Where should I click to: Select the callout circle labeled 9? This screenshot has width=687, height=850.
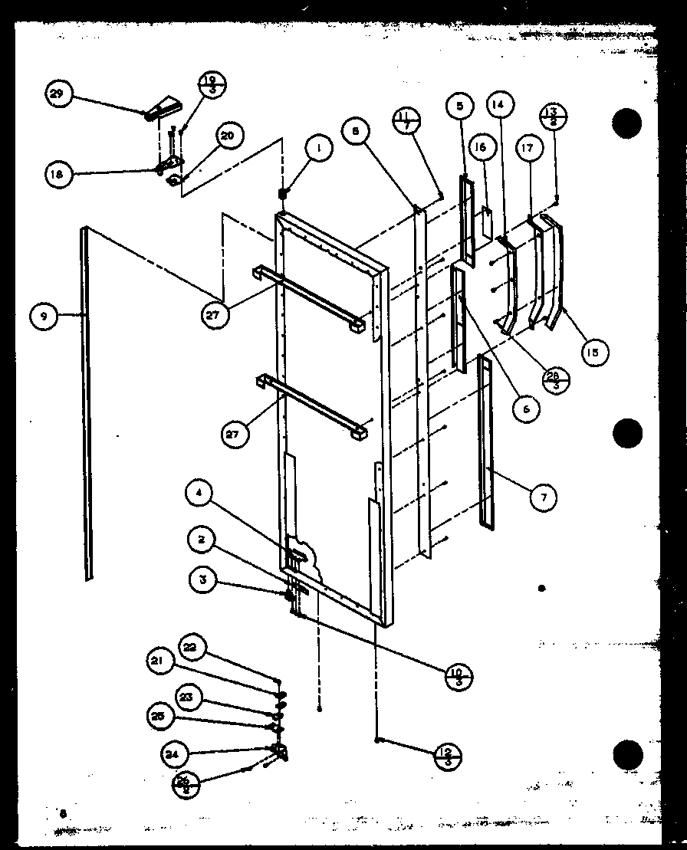[x=44, y=317]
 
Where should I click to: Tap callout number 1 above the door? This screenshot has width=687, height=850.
[x=318, y=148]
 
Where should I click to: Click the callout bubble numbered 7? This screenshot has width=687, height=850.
[x=543, y=497]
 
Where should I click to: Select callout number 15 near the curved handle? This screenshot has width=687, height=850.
[x=594, y=352]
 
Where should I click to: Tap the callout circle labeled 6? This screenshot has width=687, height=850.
[x=526, y=409]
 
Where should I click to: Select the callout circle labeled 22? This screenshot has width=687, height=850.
[x=195, y=648]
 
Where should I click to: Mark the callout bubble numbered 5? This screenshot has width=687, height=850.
[x=459, y=107]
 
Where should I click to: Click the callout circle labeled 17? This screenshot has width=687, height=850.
[x=528, y=149]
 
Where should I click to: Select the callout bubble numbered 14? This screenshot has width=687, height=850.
[x=498, y=107]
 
